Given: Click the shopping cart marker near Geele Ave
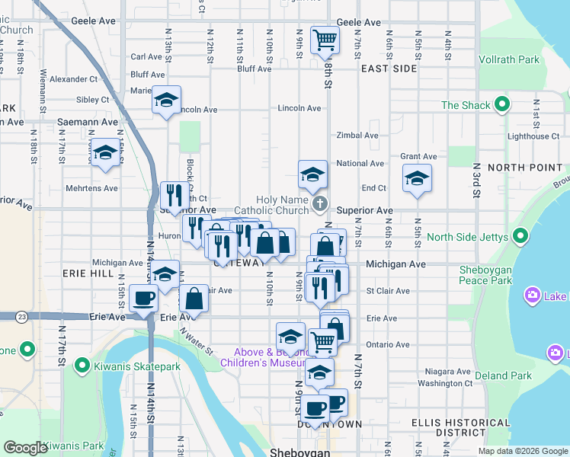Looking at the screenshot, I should tap(325, 40).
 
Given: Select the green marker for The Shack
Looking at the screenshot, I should tap(501, 105).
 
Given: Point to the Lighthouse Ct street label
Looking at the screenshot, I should tap(533, 136).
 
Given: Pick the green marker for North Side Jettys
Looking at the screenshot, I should tap(521, 236).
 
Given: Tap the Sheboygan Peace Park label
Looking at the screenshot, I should tap(496, 276).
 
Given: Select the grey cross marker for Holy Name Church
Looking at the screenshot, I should tap(320, 203).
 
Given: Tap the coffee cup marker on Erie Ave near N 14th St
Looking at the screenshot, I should tap(143, 299).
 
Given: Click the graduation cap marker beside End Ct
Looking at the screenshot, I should tap(416, 179).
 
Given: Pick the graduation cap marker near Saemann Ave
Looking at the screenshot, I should tap(105, 152).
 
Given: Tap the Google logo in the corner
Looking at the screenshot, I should tap(25, 448).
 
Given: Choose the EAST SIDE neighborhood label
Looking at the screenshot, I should tap(389, 69).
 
